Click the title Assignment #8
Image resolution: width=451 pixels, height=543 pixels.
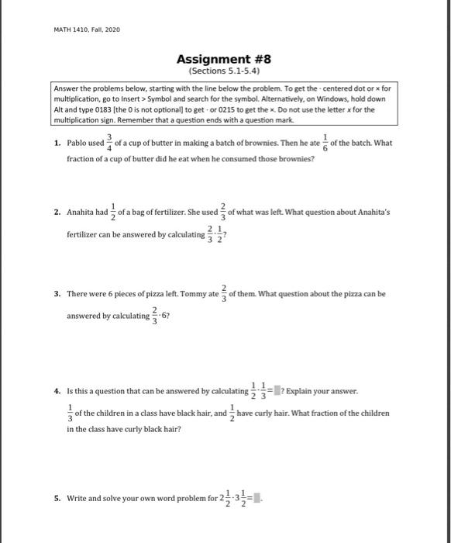pyautogui.click(x=224, y=58)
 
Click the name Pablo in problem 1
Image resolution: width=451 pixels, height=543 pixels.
pyautogui.click(x=79, y=144)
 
